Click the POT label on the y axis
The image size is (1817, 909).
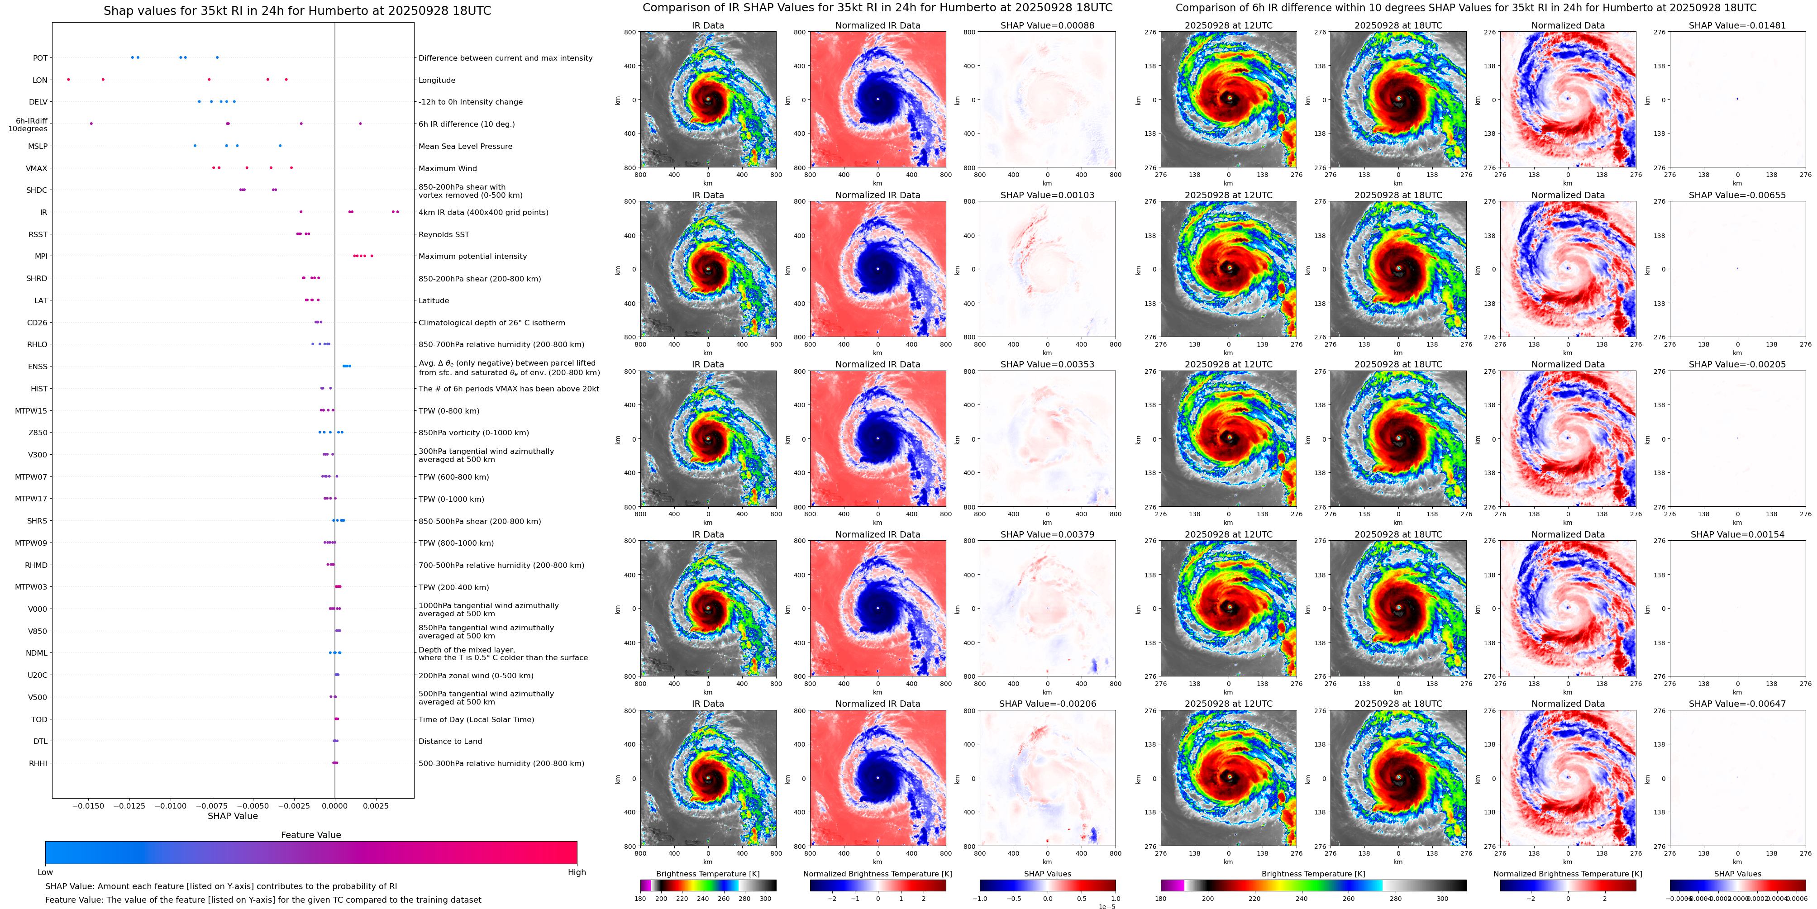tap(40, 58)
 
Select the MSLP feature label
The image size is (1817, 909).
tap(38, 146)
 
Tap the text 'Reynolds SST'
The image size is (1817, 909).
tap(444, 234)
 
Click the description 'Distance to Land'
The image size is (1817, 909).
tap(450, 741)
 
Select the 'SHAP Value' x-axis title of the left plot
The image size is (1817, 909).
tap(233, 816)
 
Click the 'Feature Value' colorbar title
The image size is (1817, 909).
tap(310, 835)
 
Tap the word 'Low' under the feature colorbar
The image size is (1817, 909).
tap(45, 872)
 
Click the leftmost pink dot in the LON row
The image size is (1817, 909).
tap(68, 80)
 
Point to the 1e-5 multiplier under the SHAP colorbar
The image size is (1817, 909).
tap(1106, 906)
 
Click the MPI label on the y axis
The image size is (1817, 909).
tap(41, 256)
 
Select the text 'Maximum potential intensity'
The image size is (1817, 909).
tap(472, 256)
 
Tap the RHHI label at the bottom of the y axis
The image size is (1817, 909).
tap(38, 763)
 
